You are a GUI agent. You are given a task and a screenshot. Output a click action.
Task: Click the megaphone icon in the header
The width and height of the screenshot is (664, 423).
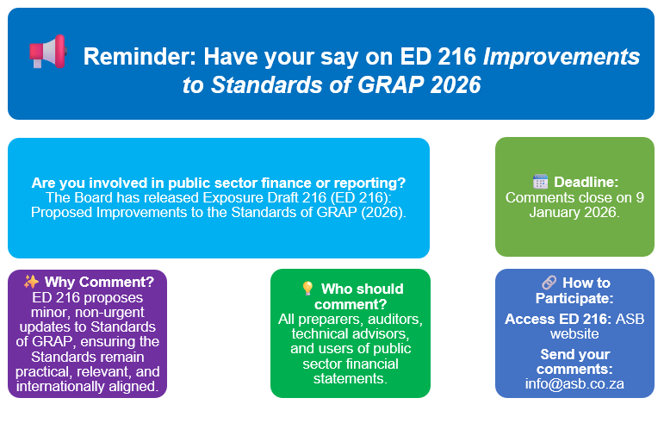pos(48,52)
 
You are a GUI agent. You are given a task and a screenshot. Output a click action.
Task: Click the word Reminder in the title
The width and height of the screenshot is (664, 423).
pos(140,57)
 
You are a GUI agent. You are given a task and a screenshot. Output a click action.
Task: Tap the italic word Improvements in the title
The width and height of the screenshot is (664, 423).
pos(562,57)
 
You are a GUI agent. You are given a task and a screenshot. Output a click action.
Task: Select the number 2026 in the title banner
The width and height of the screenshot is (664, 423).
pos(456,84)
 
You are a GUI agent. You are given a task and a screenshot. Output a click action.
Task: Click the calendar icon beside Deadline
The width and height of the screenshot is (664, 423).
pos(540,182)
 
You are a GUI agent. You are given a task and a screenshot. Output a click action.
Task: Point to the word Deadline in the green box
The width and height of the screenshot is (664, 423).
pos(586,182)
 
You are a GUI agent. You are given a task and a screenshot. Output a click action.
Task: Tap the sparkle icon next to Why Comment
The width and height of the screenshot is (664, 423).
pos(31,282)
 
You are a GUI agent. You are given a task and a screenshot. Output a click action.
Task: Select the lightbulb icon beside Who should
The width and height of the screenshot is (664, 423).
pos(307,289)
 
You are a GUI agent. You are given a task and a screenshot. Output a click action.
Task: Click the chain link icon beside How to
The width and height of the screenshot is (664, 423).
pos(549,282)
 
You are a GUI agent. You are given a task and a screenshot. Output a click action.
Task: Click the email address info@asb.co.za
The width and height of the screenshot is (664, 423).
pos(574,383)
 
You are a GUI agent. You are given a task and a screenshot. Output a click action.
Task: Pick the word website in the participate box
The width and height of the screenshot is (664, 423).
pos(574,333)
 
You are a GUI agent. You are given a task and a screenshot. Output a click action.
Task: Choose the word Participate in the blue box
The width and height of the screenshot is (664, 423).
pos(574,298)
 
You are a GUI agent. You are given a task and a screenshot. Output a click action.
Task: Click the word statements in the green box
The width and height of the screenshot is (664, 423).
pos(351,378)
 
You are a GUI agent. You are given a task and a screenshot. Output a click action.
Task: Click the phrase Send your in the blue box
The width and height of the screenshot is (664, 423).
pos(574,354)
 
